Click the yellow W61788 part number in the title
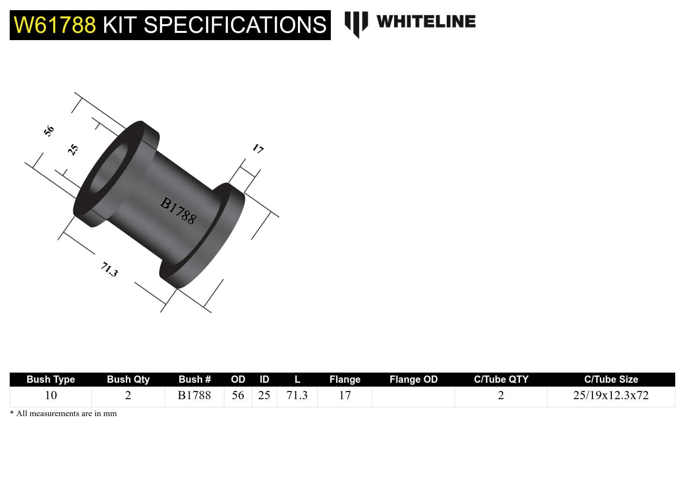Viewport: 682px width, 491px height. click(55, 25)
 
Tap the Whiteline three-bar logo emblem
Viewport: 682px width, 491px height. click(356, 23)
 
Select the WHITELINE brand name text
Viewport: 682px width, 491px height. click(426, 22)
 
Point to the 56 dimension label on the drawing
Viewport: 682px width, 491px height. click(49, 130)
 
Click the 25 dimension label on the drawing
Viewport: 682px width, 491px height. click(73, 149)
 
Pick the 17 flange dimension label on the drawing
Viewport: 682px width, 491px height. click(258, 149)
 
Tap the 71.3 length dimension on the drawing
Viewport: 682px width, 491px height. click(109, 269)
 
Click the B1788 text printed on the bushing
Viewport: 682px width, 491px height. click(178, 211)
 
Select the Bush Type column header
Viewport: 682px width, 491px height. click(51, 379)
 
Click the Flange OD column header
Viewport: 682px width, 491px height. click(414, 379)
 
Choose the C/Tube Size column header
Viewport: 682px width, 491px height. click(611, 379)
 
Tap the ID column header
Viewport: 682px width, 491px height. click(264, 379)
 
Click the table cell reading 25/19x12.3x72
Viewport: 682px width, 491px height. click(611, 395)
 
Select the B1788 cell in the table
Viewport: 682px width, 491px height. click(194, 395)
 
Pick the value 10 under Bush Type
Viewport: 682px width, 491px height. click(51, 395)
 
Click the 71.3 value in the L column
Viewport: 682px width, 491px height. click(297, 395)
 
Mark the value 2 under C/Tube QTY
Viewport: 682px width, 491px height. click(501, 395)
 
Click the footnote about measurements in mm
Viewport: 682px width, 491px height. click(64, 414)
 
